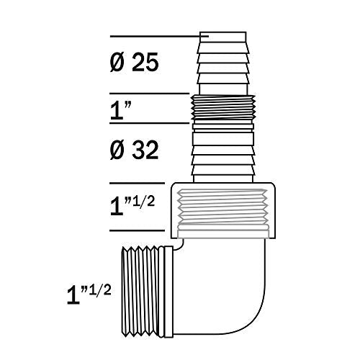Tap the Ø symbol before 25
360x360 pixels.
pyautogui.click(x=119, y=63)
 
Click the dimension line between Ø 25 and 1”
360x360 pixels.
pyautogui.click(x=151, y=94)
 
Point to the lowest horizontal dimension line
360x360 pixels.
pyautogui.click(x=140, y=231)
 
